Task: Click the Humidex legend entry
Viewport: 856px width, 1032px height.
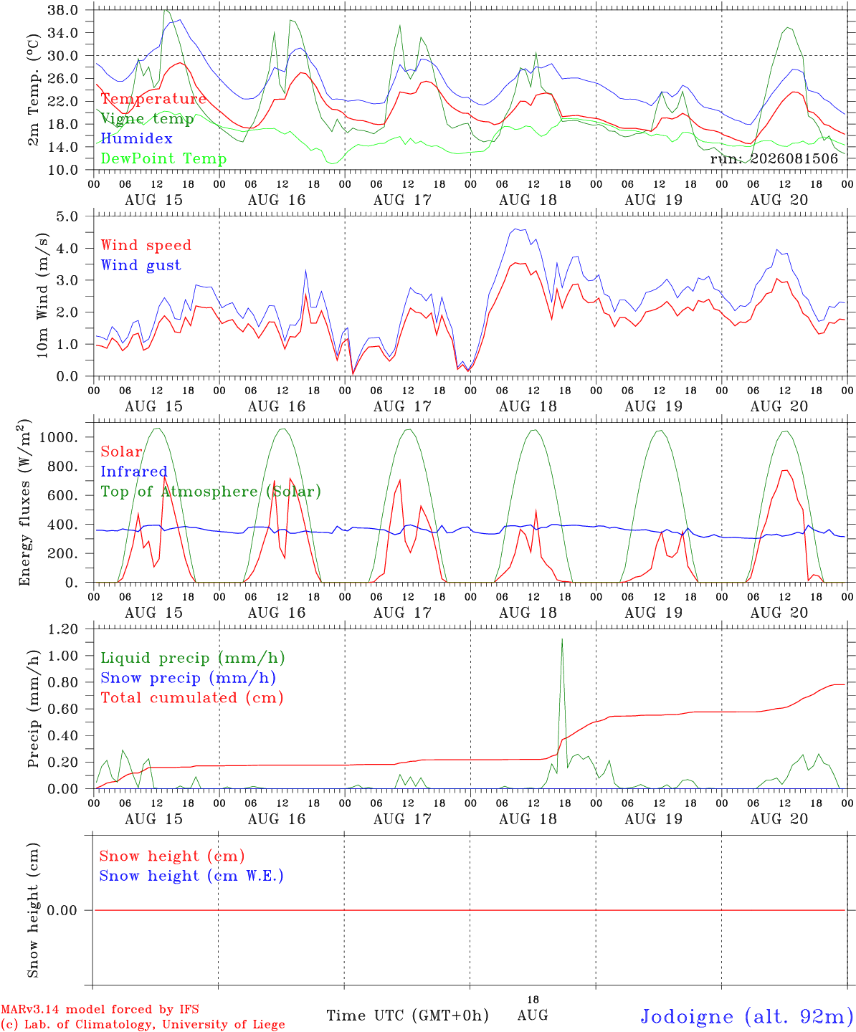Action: [136, 138]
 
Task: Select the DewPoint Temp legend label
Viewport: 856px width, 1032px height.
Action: [163, 158]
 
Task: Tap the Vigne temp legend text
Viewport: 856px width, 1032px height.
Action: [148, 119]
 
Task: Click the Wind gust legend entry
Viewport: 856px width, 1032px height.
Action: [141, 265]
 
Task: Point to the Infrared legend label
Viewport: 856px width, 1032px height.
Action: [134, 472]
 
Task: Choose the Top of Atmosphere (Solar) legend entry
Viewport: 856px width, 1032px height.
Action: [211, 492]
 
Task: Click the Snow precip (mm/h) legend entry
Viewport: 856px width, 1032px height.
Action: [189, 678]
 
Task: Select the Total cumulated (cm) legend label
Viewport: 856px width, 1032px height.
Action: [192, 697]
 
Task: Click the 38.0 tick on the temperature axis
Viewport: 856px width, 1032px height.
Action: [63, 10]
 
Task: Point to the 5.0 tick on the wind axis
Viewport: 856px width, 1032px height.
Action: [67, 216]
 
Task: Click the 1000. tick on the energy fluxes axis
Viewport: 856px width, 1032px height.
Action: [59, 437]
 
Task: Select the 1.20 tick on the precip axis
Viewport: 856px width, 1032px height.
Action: [63, 629]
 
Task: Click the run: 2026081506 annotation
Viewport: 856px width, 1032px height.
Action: [774, 158]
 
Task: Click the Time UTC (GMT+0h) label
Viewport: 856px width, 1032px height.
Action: [407, 1016]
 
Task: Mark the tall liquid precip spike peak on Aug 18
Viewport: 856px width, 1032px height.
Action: [562, 639]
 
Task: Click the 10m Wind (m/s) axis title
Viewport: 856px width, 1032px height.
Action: [42, 295]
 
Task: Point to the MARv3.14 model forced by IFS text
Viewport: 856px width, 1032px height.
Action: [100, 1009]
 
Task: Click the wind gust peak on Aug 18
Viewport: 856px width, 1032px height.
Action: [515, 229]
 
